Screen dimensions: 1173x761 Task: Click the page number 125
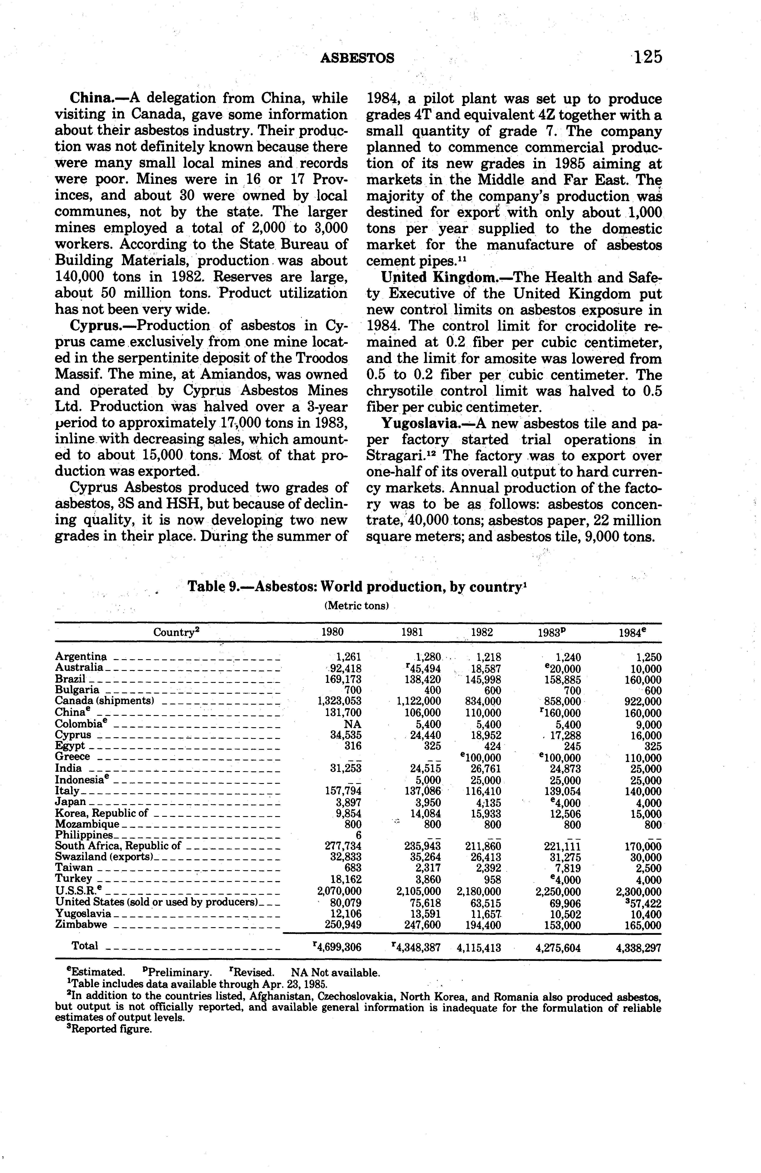647,58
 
